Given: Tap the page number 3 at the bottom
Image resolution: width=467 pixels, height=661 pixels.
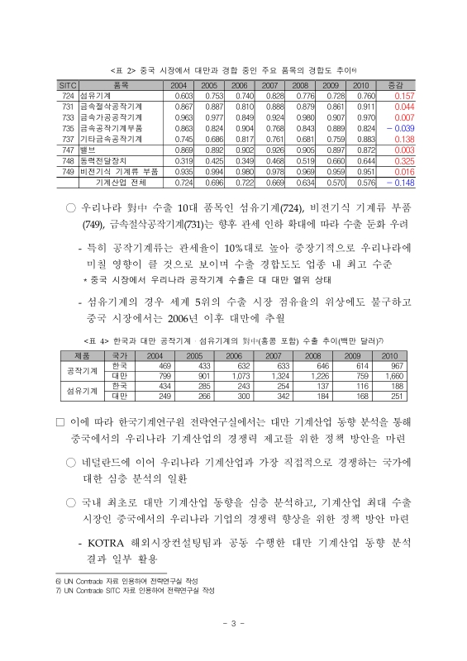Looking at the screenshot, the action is pos(234,622).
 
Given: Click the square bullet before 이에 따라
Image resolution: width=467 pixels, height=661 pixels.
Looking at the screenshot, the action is pos(60,422).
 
